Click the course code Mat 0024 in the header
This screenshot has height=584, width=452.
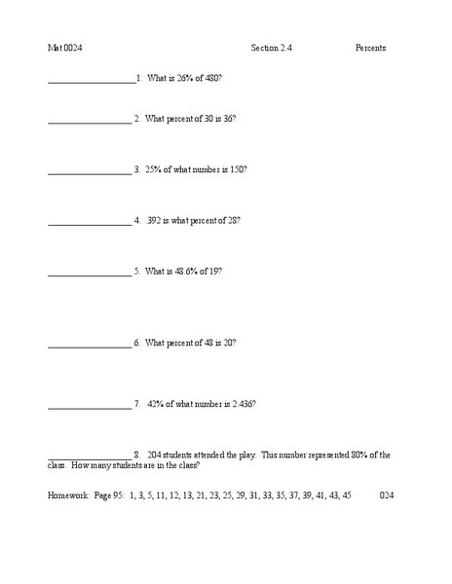[x=64, y=48]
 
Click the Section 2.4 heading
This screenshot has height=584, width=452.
[x=271, y=48]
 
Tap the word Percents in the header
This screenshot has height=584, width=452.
[x=370, y=48]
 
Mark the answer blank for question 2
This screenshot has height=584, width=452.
[x=90, y=121]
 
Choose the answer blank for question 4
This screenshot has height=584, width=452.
[x=90, y=222]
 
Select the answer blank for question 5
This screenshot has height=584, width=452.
[x=90, y=274]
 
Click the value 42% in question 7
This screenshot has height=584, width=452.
[x=156, y=403]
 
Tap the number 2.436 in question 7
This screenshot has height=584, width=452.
[x=241, y=403]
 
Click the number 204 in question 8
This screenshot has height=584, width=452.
[x=154, y=455]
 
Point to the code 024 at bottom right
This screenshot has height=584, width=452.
[x=387, y=494]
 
